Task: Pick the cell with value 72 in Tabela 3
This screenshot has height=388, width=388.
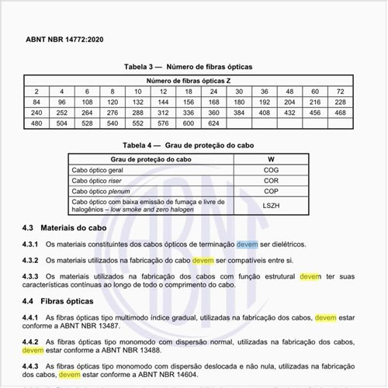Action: [362, 91]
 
